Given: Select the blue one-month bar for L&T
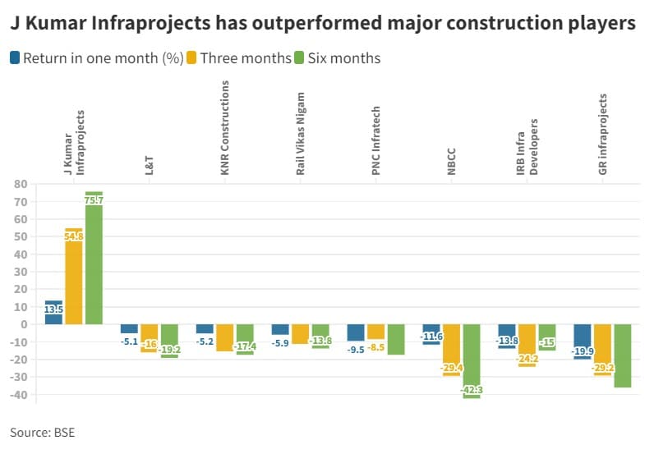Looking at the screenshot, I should point(129,328).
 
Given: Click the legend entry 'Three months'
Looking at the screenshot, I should point(245,58).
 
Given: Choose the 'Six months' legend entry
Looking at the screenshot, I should point(343,58).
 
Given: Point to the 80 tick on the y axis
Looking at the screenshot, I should point(21,184).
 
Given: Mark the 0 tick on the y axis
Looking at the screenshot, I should point(25,324).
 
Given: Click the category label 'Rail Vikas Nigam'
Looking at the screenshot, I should point(301,131).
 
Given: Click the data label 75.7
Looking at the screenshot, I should point(94,199).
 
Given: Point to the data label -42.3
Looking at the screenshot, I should point(472,391).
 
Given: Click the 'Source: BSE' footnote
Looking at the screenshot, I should point(42,432).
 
